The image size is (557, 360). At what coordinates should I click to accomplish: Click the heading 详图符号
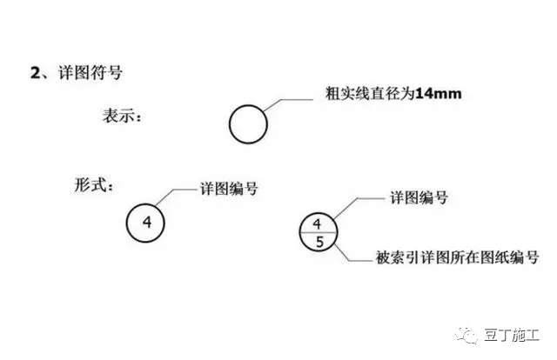coord(91,73)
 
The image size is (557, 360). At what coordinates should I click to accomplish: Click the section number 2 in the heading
coord(36,73)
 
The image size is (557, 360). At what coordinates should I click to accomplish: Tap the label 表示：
coord(122,117)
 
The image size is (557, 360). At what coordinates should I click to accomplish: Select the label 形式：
coord(94,184)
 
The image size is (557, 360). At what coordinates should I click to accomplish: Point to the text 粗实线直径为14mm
coord(393,94)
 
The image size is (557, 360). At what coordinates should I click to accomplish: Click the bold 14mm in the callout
coord(439,94)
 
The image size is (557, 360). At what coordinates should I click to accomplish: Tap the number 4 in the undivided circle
coord(147,223)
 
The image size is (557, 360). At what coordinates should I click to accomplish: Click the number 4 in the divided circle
coord(317,223)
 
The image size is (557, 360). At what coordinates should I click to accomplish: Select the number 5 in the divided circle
coord(319,242)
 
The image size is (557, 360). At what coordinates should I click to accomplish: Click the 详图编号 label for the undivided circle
coord(229,189)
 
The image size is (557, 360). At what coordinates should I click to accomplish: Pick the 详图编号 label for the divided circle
coord(419,197)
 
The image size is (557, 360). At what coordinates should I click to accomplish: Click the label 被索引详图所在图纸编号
coord(457,257)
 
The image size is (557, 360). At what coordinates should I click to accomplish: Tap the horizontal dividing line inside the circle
coord(318,232)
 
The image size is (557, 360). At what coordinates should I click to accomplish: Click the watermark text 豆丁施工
coord(512,336)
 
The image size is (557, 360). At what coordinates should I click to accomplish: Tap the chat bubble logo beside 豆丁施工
coord(467,335)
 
